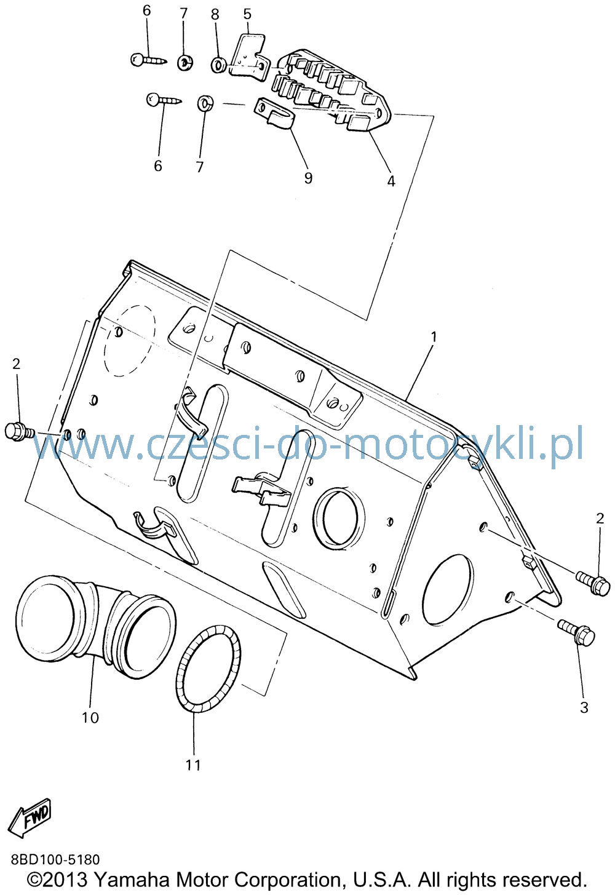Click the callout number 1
click(x=434, y=337)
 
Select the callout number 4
click(x=391, y=181)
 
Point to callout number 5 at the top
click(x=247, y=14)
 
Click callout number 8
click(x=215, y=15)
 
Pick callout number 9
click(x=308, y=178)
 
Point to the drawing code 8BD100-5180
click(x=55, y=859)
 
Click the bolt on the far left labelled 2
click(x=20, y=432)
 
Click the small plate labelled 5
click(x=248, y=58)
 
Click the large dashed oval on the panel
click(x=130, y=341)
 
